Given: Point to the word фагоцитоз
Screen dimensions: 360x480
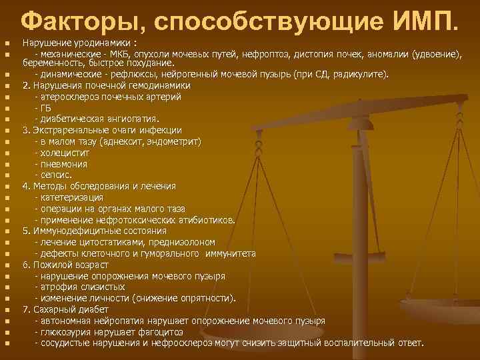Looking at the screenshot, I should [164, 331].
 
